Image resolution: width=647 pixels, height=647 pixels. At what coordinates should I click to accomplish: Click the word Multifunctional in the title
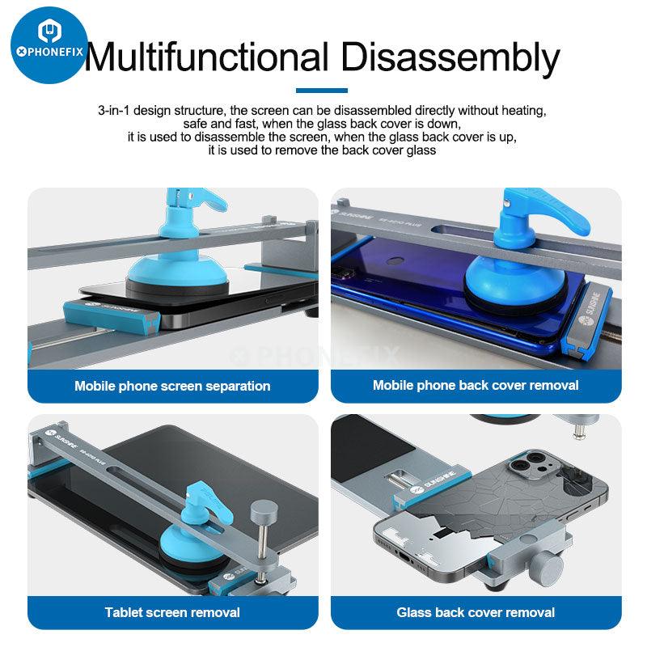206,57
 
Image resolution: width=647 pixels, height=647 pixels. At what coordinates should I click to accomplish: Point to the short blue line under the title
322,91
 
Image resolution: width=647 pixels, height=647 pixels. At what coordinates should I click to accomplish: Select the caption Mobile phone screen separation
172,386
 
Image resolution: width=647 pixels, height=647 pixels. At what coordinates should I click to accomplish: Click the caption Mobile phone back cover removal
476,385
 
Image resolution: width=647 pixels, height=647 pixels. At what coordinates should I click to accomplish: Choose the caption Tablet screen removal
172,612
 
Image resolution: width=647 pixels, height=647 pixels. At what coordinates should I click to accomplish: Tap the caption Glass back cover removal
476,612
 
